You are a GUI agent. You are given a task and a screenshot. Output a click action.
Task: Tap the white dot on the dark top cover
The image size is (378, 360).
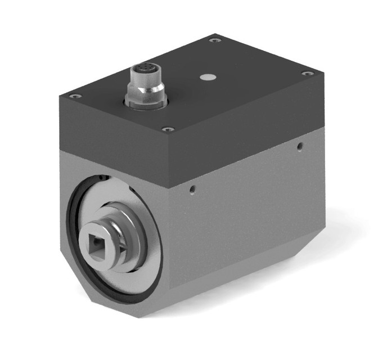[209, 75]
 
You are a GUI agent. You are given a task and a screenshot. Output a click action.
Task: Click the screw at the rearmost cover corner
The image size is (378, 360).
[213, 40]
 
